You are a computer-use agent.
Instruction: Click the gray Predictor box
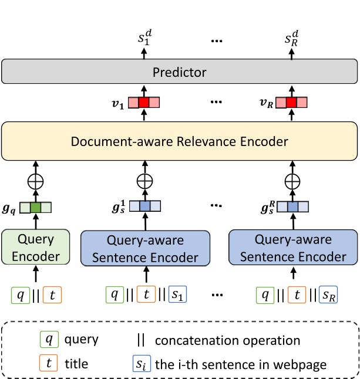click(180, 72)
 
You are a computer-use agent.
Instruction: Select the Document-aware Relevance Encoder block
click(180, 141)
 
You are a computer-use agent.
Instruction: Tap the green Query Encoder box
click(36, 248)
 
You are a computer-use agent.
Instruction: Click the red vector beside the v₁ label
click(143, 103)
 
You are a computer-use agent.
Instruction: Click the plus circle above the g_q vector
click(36, 182)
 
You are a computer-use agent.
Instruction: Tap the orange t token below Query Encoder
click(52, 294)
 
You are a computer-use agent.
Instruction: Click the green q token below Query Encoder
click(21, 294)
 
